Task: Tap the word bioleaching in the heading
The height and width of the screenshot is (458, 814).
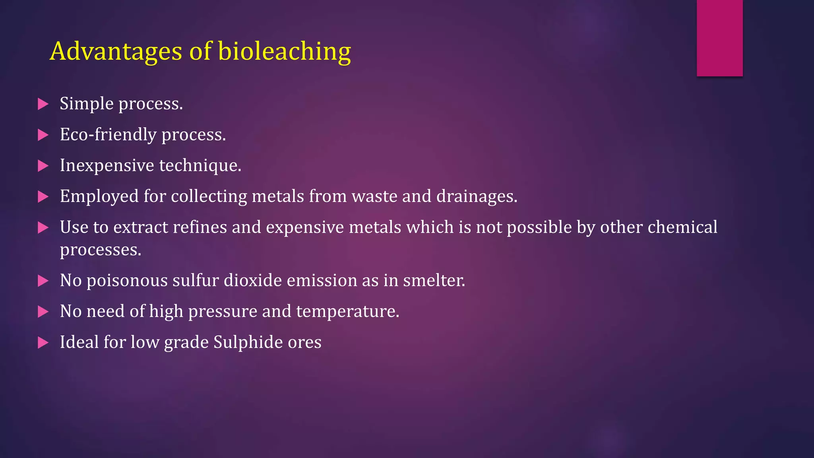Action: coord(284,51)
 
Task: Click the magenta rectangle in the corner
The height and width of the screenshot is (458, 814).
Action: coord(719,38)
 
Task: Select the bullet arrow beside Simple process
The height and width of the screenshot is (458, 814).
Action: coord(43,104)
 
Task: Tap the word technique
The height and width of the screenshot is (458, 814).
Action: coord(200,166)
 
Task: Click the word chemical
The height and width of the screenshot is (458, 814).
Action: coord(682,227)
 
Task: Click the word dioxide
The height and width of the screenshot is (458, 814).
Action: coord(253,281)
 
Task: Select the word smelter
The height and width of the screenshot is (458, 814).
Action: coord(434,281)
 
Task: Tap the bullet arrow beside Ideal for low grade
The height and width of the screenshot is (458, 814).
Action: coord(43,343)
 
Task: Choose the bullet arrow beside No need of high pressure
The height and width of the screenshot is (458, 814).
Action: coord(43,312)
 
